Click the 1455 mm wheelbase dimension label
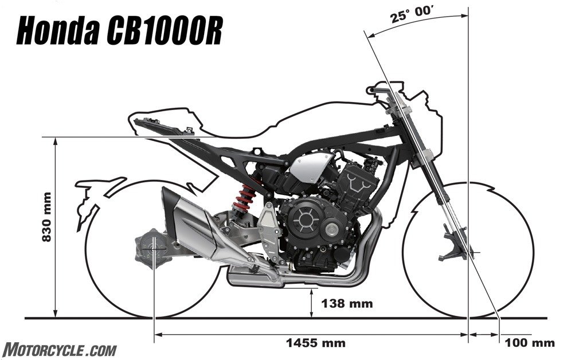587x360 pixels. (315, 343)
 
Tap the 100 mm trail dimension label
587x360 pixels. (530, 343)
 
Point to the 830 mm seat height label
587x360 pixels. (48, 221)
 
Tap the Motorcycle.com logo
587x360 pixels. (60, 349)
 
